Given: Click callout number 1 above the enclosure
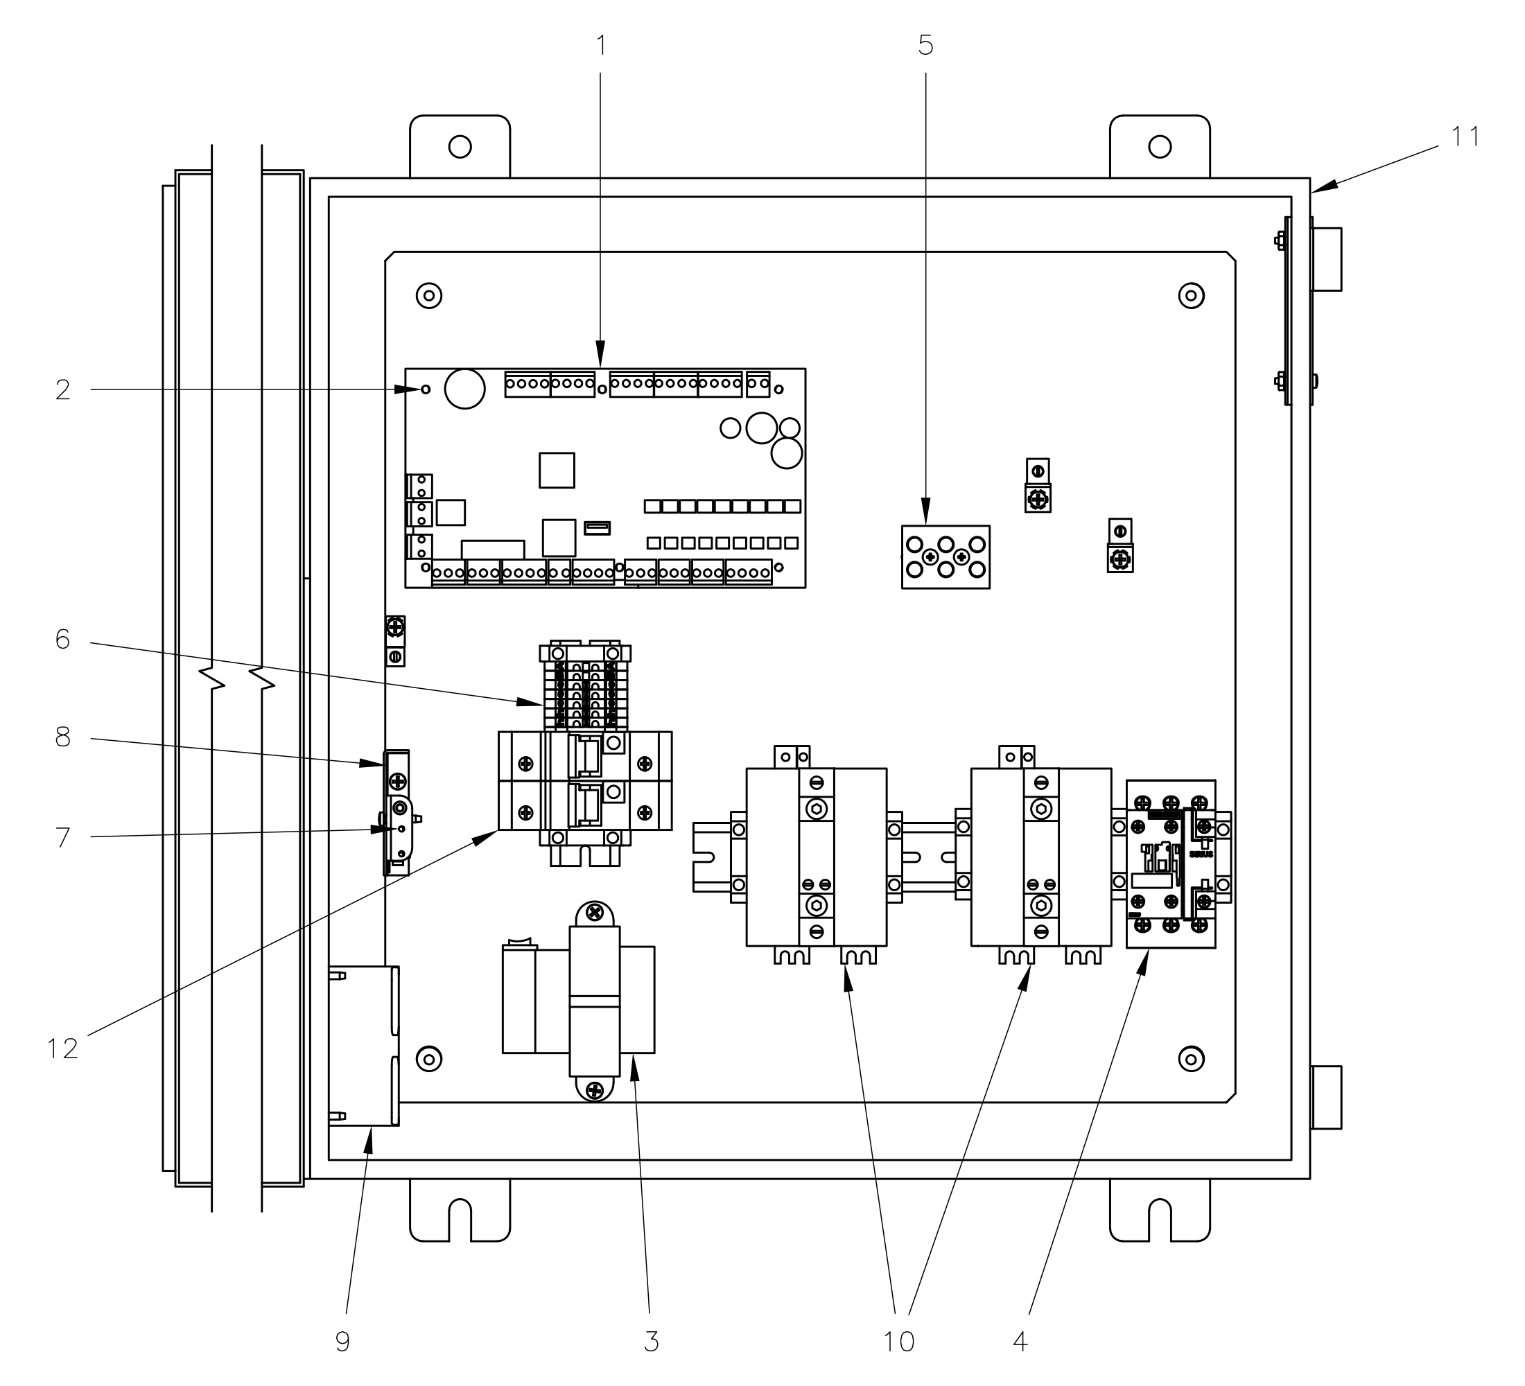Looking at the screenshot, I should coord(602,46).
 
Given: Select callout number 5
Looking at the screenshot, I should coord(925,46).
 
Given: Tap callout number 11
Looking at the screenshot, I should coord(1465,137).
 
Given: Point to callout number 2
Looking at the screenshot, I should coord(63,390).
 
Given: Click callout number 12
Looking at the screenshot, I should coord(63,1049).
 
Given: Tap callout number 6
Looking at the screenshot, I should coord(63,640).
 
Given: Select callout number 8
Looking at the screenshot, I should coord(63,737).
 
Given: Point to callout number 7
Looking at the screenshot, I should coord(63,837).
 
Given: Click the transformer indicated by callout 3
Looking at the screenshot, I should coord(595,1001).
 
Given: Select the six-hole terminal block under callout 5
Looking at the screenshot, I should coord(946,557).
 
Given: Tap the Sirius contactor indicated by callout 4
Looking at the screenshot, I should coord(1170,863).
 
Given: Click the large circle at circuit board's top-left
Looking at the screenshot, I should coord(464,389).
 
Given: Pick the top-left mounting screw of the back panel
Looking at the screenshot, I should coord(429,295).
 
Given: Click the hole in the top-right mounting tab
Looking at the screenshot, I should coord(1160,147).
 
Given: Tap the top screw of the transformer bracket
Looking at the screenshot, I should coord(595,913).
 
